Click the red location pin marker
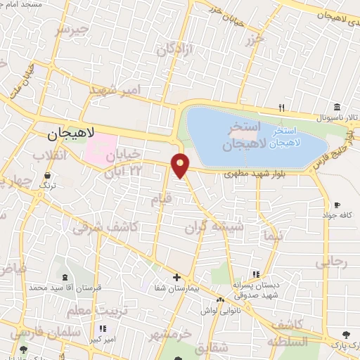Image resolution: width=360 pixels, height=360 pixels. click(x=181, y=165)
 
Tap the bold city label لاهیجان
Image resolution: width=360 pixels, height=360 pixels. click(x=67, y=133)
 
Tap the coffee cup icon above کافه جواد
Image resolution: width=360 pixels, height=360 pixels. click(x=338, y=205)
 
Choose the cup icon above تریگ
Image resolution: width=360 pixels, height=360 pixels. click(x=47, y=175)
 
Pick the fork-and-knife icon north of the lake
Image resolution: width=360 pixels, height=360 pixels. click(x=281, y=107)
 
